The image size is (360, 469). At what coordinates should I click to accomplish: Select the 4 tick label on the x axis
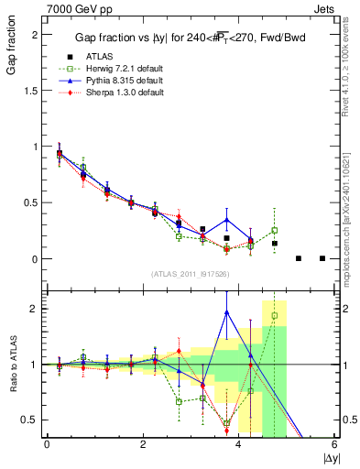pos(239,444)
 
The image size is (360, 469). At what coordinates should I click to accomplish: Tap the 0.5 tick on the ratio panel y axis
pos(33,420)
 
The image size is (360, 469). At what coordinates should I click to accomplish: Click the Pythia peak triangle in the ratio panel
pos(226,312)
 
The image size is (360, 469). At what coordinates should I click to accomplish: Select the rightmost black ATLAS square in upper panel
pos(322,258)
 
